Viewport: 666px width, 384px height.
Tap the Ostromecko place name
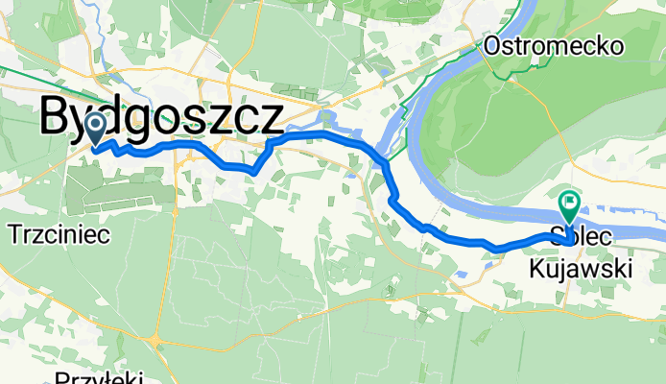click(554, 45)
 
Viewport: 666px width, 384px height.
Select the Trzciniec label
click(59, 233)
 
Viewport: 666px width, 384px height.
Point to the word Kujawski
click(580, 271)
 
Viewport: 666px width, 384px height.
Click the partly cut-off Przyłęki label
click(99, 377)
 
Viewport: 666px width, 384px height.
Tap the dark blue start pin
click(96, 128)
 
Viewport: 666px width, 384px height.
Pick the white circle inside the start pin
click(96, 124)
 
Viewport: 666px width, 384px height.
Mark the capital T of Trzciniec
click(14, 233)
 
